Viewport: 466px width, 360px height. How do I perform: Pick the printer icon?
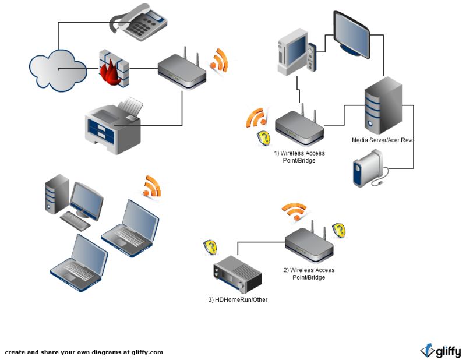[114, 125]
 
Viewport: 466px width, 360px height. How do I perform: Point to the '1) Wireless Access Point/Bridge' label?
[299, 157]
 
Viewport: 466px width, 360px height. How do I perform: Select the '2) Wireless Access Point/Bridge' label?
[309, 274]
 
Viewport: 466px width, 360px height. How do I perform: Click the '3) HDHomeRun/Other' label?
[238, 299]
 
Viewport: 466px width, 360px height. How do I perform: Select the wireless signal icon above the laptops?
[151, 186]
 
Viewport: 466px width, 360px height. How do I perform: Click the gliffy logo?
[440, 351]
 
